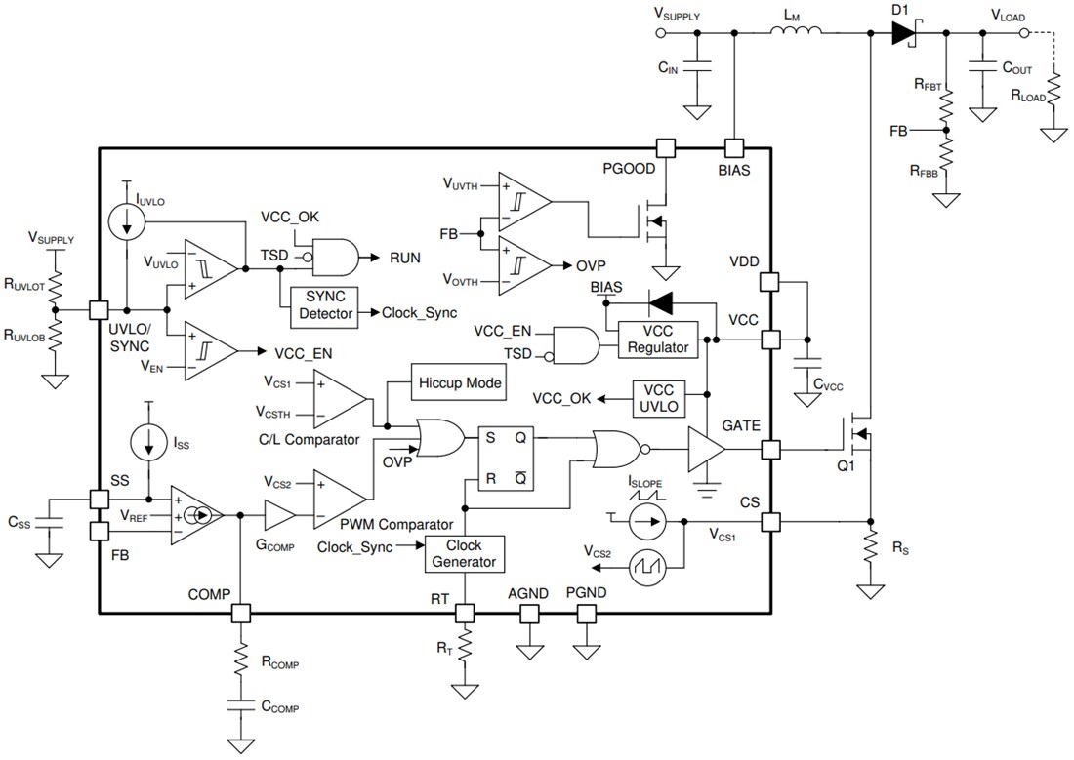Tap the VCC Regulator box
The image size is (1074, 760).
658,340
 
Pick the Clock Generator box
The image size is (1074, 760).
464,554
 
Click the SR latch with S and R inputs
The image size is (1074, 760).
506,459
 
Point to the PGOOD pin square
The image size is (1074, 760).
666,147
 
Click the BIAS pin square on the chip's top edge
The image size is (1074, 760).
734,147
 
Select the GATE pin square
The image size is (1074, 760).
771,450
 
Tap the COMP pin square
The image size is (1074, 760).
239,614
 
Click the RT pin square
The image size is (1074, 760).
465,614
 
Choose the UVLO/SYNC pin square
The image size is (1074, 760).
99,309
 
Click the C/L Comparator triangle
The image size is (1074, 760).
338,399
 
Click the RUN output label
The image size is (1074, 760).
404,258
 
